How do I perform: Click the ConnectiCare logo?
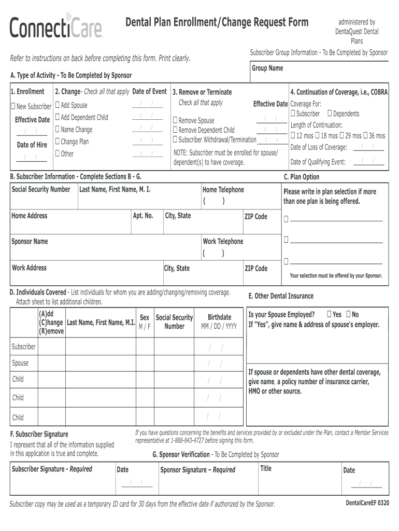(x=56, y=26)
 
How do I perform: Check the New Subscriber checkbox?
(x=13, y=107)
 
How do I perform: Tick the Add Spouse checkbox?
(x=58, y=105)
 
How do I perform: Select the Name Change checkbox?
(x=58, y=130)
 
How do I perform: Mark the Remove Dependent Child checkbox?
(x=175, y=130)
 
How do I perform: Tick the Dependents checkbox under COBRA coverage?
(x=330, y=114)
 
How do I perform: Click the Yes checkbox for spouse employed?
(x=330, y=314)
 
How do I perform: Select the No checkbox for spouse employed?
(x=348, y=314)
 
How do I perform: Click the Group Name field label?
(x=267, y=68)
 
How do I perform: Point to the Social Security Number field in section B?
(x=40, y=190)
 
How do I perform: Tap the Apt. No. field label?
(x=142, y=216)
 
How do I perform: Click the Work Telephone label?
(x=222, y=242)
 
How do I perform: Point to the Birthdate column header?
(x=219, y=317)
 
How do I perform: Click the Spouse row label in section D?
(x=20, y=363)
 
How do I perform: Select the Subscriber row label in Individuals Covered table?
(x=23, y=346)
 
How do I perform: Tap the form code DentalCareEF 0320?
(x=367, y=504)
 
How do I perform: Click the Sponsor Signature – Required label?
(x=197, y=470)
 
